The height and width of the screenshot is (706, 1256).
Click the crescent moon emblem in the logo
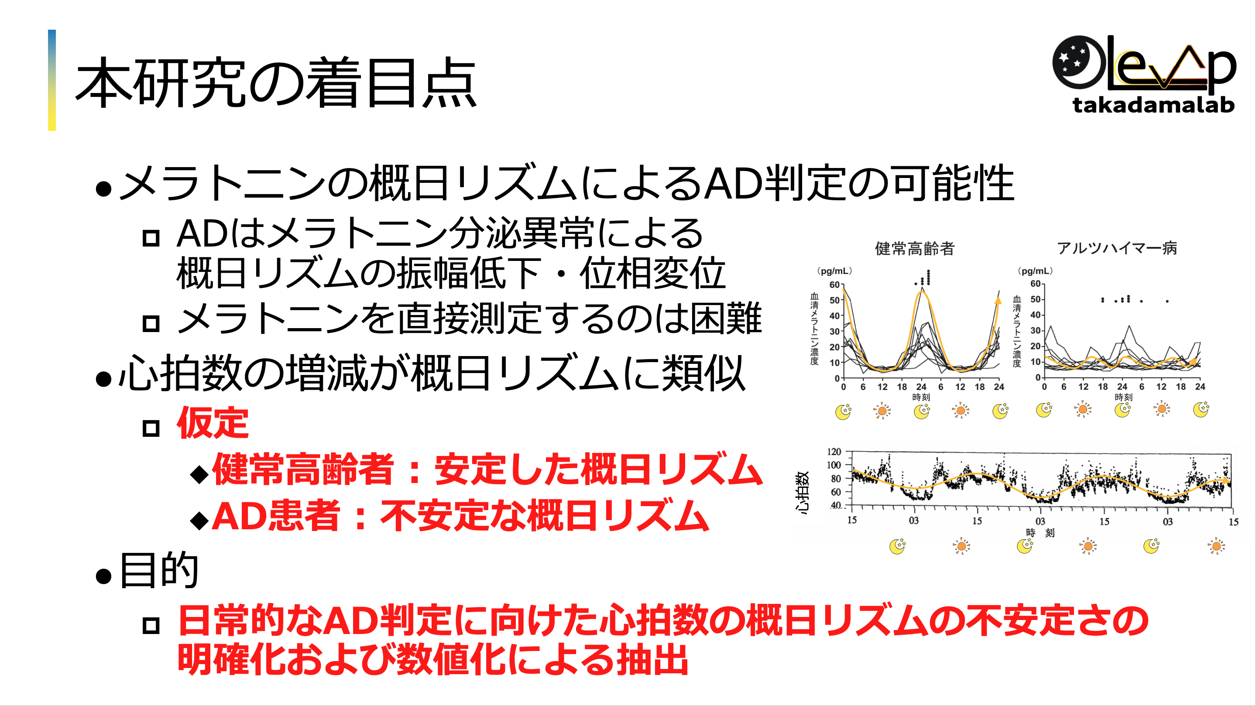(1078, 62)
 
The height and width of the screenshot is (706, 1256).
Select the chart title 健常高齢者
(915, 248)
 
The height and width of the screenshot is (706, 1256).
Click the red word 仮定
(213, 423)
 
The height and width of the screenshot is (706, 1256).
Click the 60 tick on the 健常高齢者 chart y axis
(834, 285)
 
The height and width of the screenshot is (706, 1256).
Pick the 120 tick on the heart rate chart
(834, 452)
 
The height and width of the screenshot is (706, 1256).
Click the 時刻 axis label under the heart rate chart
(1040, 533)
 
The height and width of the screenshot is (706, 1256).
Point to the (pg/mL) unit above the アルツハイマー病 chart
(1035, 271)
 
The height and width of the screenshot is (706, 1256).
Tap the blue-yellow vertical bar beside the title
(51, 80)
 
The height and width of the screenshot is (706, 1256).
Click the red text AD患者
(275, 516)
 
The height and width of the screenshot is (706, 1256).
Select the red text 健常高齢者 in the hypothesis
(303, 469)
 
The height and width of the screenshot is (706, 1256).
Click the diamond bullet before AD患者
(199, 521)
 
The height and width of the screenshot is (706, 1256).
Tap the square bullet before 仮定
(151, 428)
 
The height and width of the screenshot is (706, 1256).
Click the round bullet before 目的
(104, 576)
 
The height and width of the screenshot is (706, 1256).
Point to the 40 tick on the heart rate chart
(836, 505)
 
